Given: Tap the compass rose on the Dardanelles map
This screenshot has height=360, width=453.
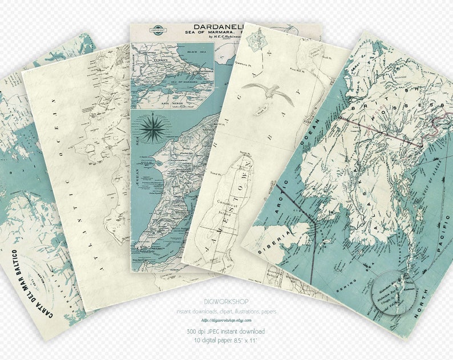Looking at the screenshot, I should coord(151,129).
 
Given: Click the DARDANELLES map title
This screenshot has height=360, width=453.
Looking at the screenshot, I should coord(220,27).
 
